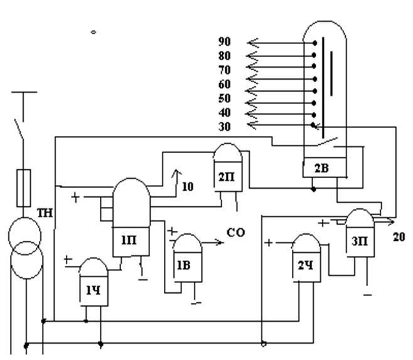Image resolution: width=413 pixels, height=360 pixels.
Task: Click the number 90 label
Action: (224, 42)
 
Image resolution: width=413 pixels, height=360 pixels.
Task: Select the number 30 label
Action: (224, 127)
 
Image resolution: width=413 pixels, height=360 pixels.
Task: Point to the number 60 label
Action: (224, 84)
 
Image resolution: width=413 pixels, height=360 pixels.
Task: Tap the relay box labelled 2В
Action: (322, 167)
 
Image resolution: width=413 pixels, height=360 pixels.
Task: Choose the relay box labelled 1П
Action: (129, 240)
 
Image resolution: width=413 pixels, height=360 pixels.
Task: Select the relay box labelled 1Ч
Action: (94, 292)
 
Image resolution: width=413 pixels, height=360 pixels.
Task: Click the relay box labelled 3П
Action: (360, 242)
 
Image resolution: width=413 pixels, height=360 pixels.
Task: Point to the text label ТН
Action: (45, 213)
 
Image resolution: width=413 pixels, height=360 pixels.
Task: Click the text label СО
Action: (237, 233)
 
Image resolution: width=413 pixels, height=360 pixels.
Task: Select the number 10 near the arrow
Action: (188, 186)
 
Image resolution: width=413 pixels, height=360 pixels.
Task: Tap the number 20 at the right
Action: (399, 237)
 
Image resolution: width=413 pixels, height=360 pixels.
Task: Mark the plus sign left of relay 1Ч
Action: (68, 258)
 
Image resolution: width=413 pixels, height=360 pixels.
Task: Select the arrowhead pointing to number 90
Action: (252, 43)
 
